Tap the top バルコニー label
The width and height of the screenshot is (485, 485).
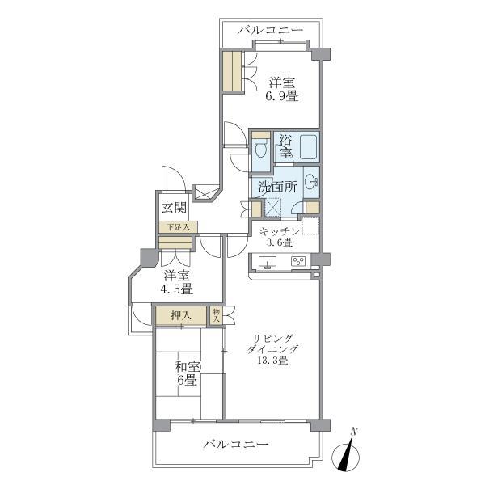[271, 30]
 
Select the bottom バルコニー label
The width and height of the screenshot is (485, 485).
[236, 445]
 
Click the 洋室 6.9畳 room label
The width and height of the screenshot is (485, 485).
[283, 89]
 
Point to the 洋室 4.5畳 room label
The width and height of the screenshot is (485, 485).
[175, 281]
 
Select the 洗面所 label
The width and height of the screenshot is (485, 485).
[277, 186]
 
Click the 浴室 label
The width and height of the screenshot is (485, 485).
[285, 145]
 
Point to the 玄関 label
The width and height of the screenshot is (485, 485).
[174, 207]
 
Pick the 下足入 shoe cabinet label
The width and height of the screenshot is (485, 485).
[174, 227]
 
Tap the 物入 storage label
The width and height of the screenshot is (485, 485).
[216, 315]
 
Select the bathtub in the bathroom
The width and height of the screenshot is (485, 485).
[307, 146]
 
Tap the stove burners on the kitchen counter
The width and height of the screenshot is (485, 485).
[298, 261]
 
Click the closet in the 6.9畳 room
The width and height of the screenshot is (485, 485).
[234, 71]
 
